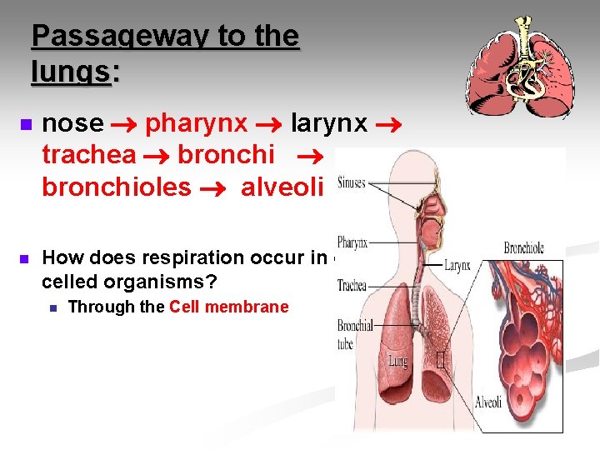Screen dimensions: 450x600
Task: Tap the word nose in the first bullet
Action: pyautogui.click(x=72, y=123)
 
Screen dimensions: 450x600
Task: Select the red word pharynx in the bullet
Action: pyautogui.click(x=196, y=123)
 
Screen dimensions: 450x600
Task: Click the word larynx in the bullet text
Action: pyautogui.click(x=329, y=123)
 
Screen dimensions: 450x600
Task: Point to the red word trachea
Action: pyautogui.click(x=89, y=155)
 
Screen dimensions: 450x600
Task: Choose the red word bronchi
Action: pyautogui.click(x=227, y=155)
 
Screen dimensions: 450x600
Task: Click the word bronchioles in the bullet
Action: pyautogui.click(x=117, y=187)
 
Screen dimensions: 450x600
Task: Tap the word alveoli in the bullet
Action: pyautogui.click(x=281, y=187)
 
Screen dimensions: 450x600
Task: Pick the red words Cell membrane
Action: pyautogui.click(x=228, y=307)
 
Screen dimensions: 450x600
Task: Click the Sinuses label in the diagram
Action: pyautogui.click(x=352, y=183)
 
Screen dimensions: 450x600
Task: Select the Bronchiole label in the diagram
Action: pyautogui.click(x=524, y=248)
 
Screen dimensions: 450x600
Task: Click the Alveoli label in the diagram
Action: pyautogui.click(x=488, y=402)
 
